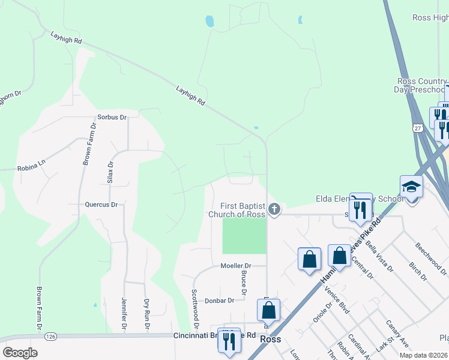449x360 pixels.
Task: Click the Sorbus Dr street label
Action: pyautogui.click(x=112, y=118)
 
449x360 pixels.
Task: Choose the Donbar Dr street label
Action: pyautogui.click(x=218, y=301)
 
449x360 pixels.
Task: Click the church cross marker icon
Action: pyautogui.click(x=274, y=209)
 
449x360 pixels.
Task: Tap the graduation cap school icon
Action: pyautogui.click(x=412, y=187)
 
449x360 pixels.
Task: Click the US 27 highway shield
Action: pyautogui.click(x=418, y=127)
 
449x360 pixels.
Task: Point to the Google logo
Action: pyautogui.click(x=20, y=353)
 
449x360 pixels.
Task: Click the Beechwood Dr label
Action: pyautogui.click(x=429, y=254)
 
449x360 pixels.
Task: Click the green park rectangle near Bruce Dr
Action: pyautogui.click(x=244, y=235)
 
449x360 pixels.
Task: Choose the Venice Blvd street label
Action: pyautogui.click(x=337, y=300)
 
